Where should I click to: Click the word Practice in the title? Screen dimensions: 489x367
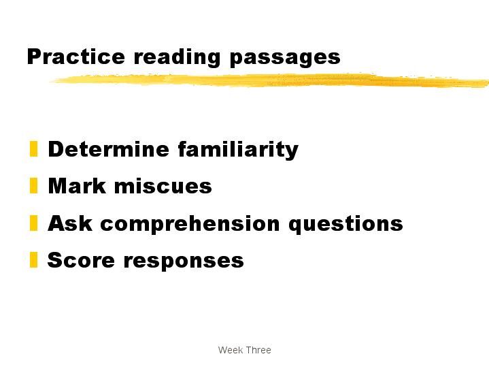pyautogui.click(x=76, y=57)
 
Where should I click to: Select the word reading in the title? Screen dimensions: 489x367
pyautogui.click(x=177, y=58)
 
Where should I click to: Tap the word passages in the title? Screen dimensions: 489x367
pyautogui.click(x=285, y=59)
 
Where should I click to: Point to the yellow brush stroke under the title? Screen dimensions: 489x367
pyautogui.click(x=269, y=80)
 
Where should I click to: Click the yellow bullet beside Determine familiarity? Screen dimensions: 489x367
pyautogui.click(x=34, y=148)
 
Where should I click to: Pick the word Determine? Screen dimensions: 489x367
pyautogui.click(x=109, y=149)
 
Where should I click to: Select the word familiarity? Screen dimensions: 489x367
pyautogui.click(x=238, y=150)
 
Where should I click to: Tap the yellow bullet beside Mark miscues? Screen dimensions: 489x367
pyautogui.click(x=34, y=185)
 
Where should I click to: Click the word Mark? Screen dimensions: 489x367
pyautogui.click(x=77, y=186)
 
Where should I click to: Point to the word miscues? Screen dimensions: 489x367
pyautogui.click(x=163, y=186)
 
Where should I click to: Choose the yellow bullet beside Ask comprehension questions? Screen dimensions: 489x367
pyautogui.click(x=34, y=223)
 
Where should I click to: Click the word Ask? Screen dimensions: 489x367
pyautogui.click(x=70, y=223)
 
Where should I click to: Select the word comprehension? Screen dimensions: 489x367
pyautogui.click(x=190, y=225)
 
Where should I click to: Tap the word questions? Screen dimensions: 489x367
pyautogui.click(x=346, y=225)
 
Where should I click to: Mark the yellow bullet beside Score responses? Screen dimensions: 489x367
pyautogui.click(x=34, y=260)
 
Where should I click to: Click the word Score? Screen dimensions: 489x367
pyautogui.click(x=81, y=260)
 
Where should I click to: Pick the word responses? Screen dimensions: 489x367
pyautogui.click(x=184, y=261)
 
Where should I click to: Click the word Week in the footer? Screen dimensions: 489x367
pyautogui.click(x=231, y=350)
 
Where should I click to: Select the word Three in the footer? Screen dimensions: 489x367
pyautogui.click(x=258, y=350)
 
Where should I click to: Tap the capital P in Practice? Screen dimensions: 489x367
pyautogui.click(x=34, y=57)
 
